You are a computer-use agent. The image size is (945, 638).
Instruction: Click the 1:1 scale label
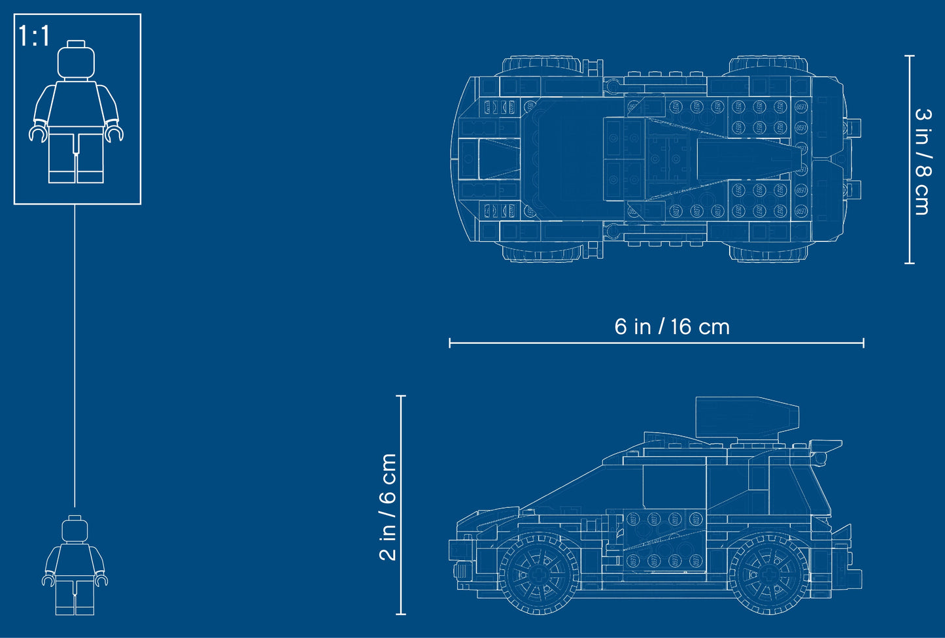pyautogui.click(x=34, y=35)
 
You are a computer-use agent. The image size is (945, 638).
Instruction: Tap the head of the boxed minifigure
pyautogui.click(x=77, y=61)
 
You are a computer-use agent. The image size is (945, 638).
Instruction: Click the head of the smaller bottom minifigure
pyautogui.click(x=75, y=529)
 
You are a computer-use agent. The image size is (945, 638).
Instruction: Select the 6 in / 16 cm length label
pyautogui.click(x=672, y=326)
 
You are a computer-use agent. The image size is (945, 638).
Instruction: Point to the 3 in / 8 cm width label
pyautogui.click(x=922, y=161)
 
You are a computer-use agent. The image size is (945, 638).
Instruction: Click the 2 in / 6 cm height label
pyautogui.click(x=388, y=507)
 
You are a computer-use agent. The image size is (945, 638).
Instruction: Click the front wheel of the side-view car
pyautogui.click(x=539, y=573)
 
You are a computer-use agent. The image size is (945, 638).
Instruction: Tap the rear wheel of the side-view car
pyautogui.click(x=769, y=573)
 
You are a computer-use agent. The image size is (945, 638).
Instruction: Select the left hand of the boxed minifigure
pyautogui.click(x=39, y=134)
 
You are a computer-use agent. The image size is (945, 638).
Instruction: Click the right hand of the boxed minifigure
pyautogui.click(x=114, y=134)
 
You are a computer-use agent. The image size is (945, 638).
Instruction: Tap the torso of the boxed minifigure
pyautogui.click(x=77, y=105)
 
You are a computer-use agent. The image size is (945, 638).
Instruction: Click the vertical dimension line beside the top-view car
pyautogui.click(x=908, y=159)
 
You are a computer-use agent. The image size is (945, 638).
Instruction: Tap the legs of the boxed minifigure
pyautogui.click(x=77, y=157)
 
